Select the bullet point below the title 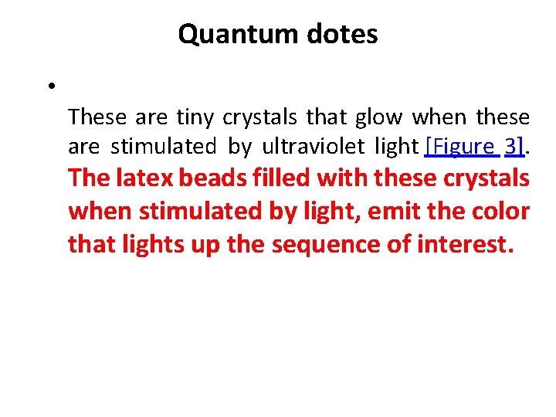point(49,86)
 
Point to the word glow point(379,117)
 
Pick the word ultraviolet point(303,146)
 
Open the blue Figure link point(459,146)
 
